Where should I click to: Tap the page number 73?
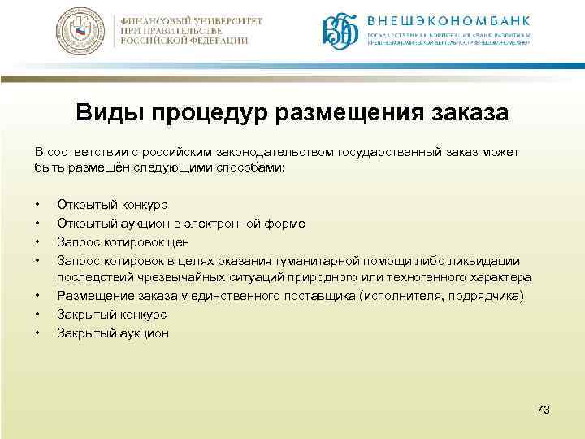point(544,410)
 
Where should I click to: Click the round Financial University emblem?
point(80,33)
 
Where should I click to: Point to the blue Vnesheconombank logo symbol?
point(340,31)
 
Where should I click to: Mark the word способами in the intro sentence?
point(249,167)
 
